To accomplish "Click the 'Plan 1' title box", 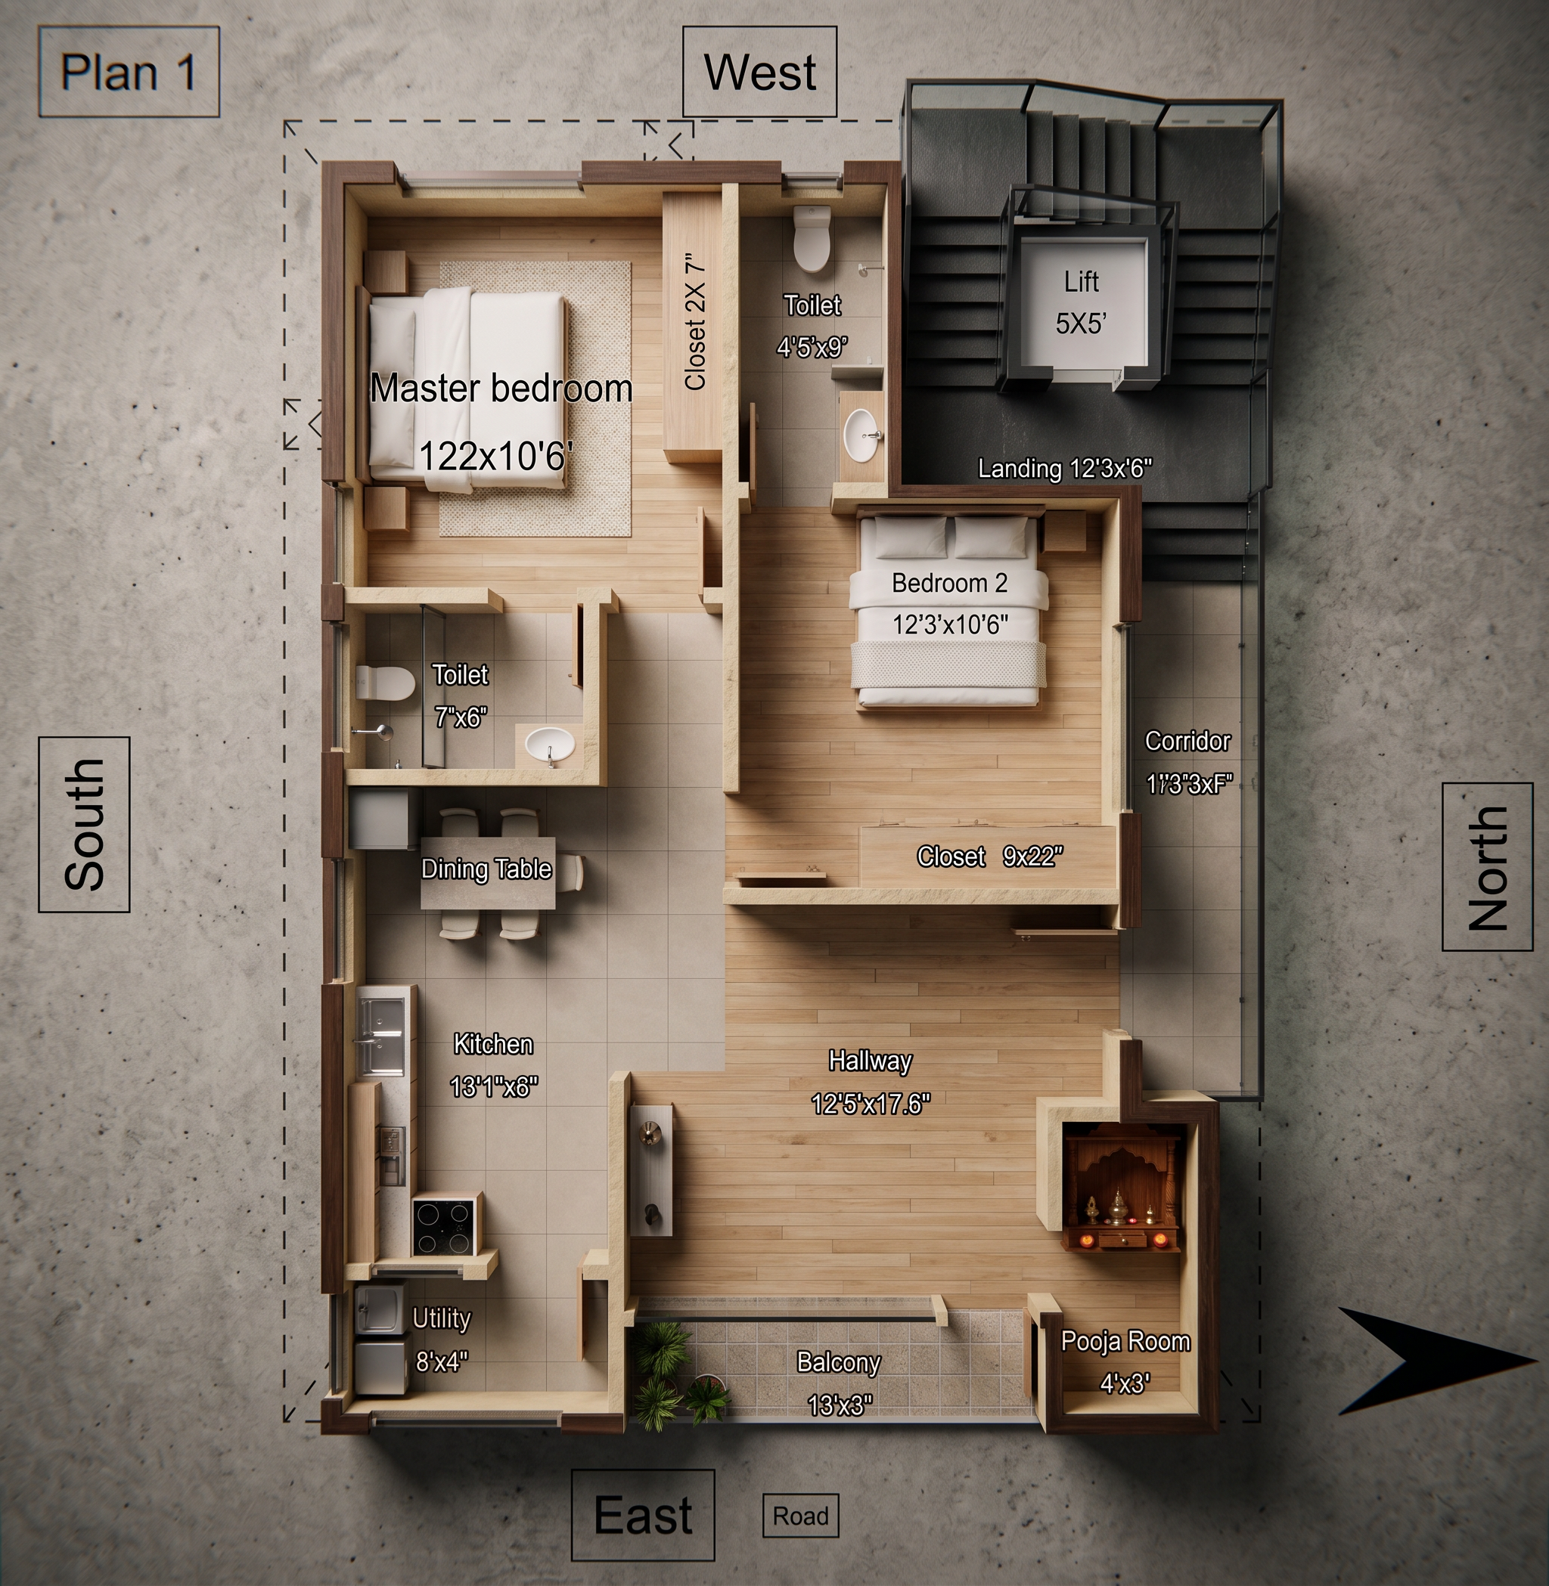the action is (129, 72).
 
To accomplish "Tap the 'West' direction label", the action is (760, 72).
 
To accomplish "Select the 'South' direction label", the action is (84, 824).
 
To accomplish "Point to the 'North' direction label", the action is (1487, 866).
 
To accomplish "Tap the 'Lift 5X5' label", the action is (1082, 302).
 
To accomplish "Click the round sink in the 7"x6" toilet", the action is (549, 743).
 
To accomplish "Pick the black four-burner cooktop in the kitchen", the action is (444, 1225).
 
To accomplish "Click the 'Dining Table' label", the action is (486, 869).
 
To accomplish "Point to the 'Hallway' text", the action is (871, 1061).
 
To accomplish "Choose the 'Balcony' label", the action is (839, 1362).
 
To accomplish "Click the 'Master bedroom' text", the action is (501, 388).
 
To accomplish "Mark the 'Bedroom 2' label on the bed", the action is (949, 582).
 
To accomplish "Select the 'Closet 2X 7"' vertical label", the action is (696, 324).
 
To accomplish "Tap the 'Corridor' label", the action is (1187, 741).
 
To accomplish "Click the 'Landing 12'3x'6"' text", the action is (1065, 469).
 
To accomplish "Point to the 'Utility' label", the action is (442, 1318).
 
